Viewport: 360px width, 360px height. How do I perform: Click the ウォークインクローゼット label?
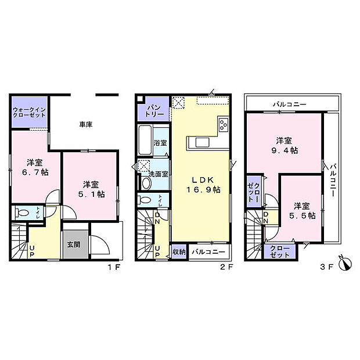[30, 111]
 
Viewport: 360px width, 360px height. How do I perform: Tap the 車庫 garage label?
[87, 124]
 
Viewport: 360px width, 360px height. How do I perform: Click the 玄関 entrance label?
[73, 244]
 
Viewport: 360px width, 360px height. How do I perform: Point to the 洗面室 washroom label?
[157, 174]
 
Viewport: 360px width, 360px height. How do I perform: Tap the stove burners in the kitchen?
[223, 124]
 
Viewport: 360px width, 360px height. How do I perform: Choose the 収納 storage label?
[179, 252]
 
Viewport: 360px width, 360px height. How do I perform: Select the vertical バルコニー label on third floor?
[333, 181]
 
